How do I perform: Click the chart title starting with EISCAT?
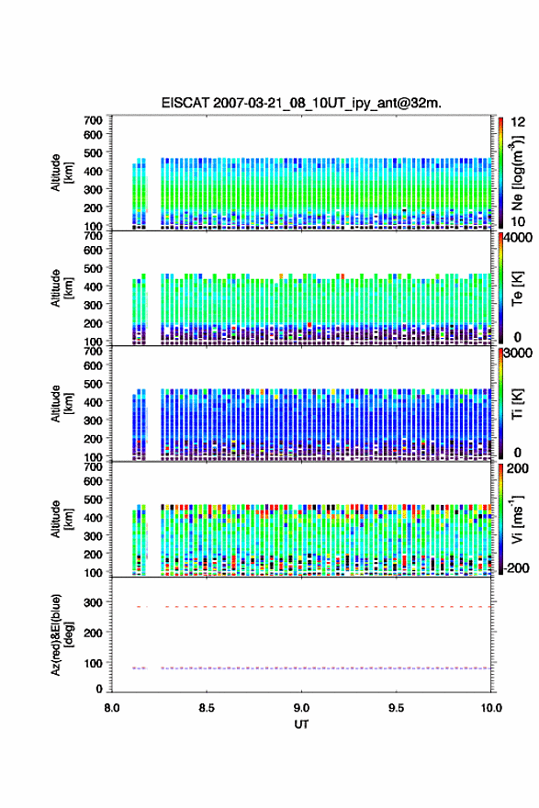point(301,103)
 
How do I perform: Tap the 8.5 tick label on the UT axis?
point(207,708)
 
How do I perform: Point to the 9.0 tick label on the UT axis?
point(301,708)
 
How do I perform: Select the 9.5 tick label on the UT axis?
point(396,708)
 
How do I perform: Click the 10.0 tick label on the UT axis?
point(491,708)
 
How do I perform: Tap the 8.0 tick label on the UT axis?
point(112,708)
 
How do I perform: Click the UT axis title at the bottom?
point(301,724)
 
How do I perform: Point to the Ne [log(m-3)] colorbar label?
point(517,173)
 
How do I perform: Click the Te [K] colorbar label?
point(517,288)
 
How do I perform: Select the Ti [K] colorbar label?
point(517,403)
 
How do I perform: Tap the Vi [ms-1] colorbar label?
point(517,519)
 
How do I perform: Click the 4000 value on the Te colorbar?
point(518,238)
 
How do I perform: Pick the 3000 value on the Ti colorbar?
point(518,353)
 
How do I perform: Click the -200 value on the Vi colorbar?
point(516,567)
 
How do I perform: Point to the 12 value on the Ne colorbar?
point(518,122)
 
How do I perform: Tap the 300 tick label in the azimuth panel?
point(93,602)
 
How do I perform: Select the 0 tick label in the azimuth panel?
point(99,689)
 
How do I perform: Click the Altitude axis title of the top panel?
point(61,173)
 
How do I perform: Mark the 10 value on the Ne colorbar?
point(518,221)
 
